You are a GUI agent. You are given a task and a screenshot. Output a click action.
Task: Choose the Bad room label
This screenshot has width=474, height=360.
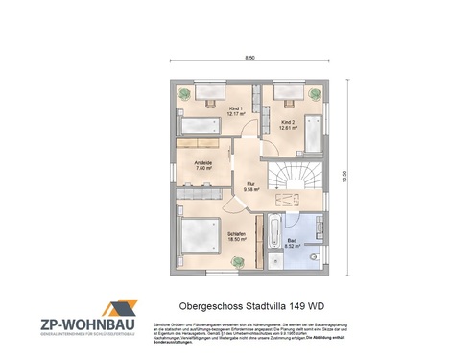[293, 244]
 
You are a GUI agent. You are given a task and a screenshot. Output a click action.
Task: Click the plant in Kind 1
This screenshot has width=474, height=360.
[183, 92]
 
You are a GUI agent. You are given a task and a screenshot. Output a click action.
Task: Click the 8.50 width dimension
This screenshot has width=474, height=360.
[249, 59]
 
